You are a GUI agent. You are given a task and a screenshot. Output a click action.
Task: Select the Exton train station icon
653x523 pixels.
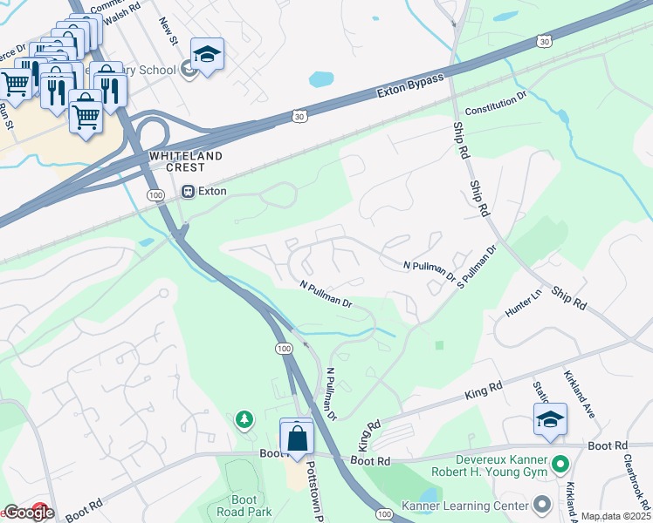coord(187,191)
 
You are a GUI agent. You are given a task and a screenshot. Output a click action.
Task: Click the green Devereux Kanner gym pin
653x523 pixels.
coord(560,465)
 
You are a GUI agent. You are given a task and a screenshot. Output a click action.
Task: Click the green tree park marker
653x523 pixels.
coord(245,421)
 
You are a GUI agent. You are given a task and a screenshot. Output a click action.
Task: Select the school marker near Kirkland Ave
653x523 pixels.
coord(550,420)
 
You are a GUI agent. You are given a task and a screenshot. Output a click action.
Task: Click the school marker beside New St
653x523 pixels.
coord(207,56)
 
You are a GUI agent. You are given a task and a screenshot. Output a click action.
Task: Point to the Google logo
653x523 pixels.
coord(28,513)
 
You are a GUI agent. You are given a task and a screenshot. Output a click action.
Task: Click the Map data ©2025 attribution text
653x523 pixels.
coord(615,516)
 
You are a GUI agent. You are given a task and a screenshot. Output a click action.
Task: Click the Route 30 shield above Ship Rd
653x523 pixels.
coord(545,42)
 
